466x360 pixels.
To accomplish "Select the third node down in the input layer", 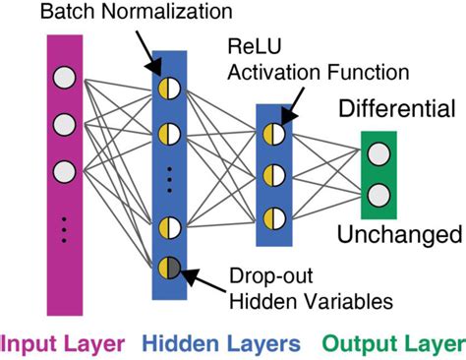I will coord(64,169).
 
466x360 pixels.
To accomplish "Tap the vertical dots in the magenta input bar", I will coord(64,228).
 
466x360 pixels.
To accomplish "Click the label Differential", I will coord(399,107).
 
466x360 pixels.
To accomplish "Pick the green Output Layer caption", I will coord(393,342).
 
